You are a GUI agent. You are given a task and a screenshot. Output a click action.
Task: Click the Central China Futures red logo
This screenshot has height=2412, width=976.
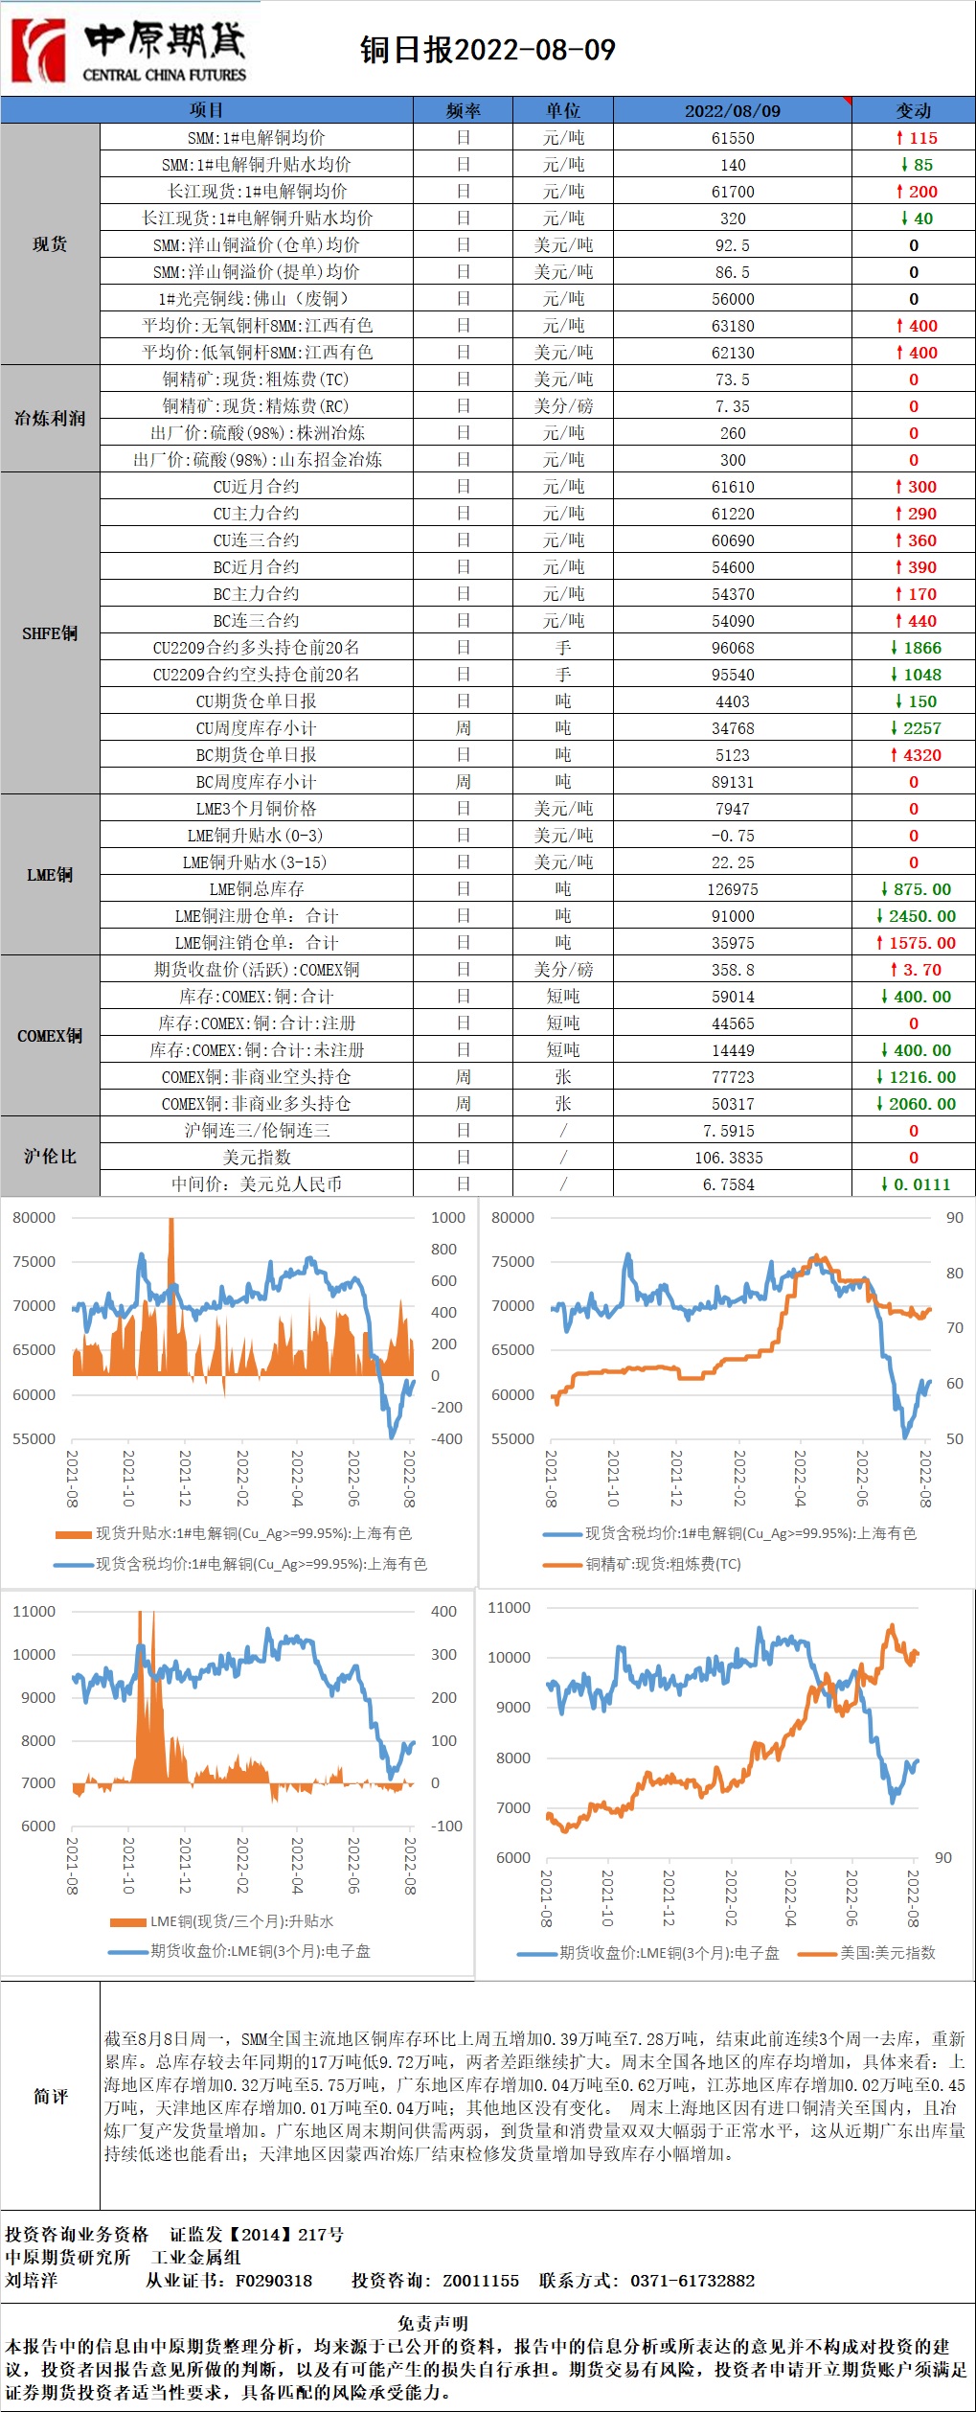pos(38,50)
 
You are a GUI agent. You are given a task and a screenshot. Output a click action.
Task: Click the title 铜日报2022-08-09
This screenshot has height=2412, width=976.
pos(488,50)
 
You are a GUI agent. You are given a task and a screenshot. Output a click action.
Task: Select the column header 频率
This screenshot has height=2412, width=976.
pos(464,110)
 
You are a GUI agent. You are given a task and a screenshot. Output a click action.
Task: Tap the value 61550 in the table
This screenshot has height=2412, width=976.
pos(733,138)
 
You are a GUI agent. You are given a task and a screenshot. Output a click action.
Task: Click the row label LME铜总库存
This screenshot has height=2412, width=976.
pos(257,889)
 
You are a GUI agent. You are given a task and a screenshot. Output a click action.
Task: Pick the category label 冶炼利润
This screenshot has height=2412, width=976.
pos(50,419)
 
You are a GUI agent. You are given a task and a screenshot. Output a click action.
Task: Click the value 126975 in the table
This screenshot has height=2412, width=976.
pos(733,889)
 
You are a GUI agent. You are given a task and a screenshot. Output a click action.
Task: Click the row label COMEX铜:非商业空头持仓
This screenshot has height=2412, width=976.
pos(257,1077)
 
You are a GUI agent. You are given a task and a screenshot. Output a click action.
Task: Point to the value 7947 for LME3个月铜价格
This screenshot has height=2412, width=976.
pos(733,809)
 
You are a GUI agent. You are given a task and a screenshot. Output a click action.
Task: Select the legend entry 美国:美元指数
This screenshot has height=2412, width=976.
pos(887,1953)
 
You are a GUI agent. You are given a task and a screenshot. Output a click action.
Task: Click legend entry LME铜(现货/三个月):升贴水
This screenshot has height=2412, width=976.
pos(241,1921)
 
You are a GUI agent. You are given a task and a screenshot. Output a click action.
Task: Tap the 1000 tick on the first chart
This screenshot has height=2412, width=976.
pos(448,1218)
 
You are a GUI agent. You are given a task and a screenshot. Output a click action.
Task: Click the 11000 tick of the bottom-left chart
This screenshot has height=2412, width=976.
pos(34,1612)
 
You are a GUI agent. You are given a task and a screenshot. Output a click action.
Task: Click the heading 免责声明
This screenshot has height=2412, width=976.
pos(433,2323)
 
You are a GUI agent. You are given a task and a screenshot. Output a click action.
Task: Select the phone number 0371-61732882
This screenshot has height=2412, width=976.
pos(692,2281)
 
